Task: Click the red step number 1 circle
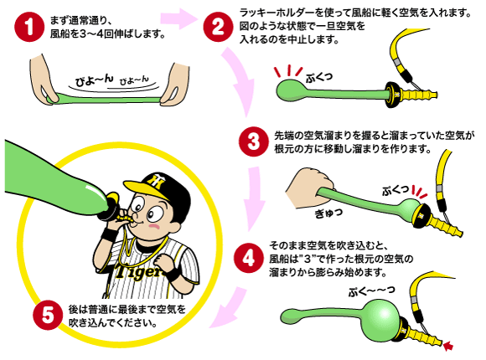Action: click(x=28, y=27)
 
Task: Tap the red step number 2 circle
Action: click(x=218, y=27)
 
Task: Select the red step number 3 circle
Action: click(x=253, y=141)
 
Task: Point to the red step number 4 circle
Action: click(x=248, y=258)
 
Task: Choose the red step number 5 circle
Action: click(x=48, y=316)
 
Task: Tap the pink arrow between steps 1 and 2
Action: click(x=179, y=18)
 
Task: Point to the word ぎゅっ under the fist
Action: click(x=328, y=213)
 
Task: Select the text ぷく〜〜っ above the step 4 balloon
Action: click(x=372, y=291)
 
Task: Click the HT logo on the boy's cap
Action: click(x=157, y=181)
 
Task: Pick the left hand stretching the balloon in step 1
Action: click(x=42, y=81)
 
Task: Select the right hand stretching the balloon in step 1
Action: click(x=175, y=84)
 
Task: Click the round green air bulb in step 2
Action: click(x=289, y=90)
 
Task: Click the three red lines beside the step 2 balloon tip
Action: click(x=288, y=72)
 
